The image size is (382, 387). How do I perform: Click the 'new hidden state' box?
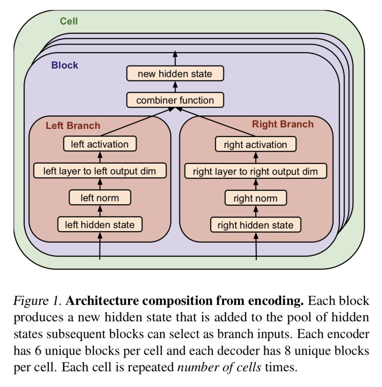click(x=175, y=73)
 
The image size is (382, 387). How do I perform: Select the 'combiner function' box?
click(x=175, y=100)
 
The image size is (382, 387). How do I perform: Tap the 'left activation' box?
click(x=100, y=144)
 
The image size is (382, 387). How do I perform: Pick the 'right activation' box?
click(x=256, y=145)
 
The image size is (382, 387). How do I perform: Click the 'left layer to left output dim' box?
click(x=100, y=171)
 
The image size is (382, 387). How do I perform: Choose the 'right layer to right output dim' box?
click(x=256, y=172)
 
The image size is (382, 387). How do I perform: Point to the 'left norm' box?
click(x=100, y=198)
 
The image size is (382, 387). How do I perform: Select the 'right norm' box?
click(x=256, y=198)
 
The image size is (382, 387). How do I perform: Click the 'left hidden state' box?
click(x=100, y=225)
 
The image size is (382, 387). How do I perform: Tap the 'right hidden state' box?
click(x=256, y=225)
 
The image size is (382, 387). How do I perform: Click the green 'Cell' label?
click(x=69, y=21)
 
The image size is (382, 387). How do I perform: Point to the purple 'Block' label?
click(x=65, y=65)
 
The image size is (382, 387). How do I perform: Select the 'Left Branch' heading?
click(x=73, y=125)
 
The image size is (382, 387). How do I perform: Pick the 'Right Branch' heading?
click(x=283, y=124)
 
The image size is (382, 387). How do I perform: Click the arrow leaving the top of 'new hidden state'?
click(x=175, y=59)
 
